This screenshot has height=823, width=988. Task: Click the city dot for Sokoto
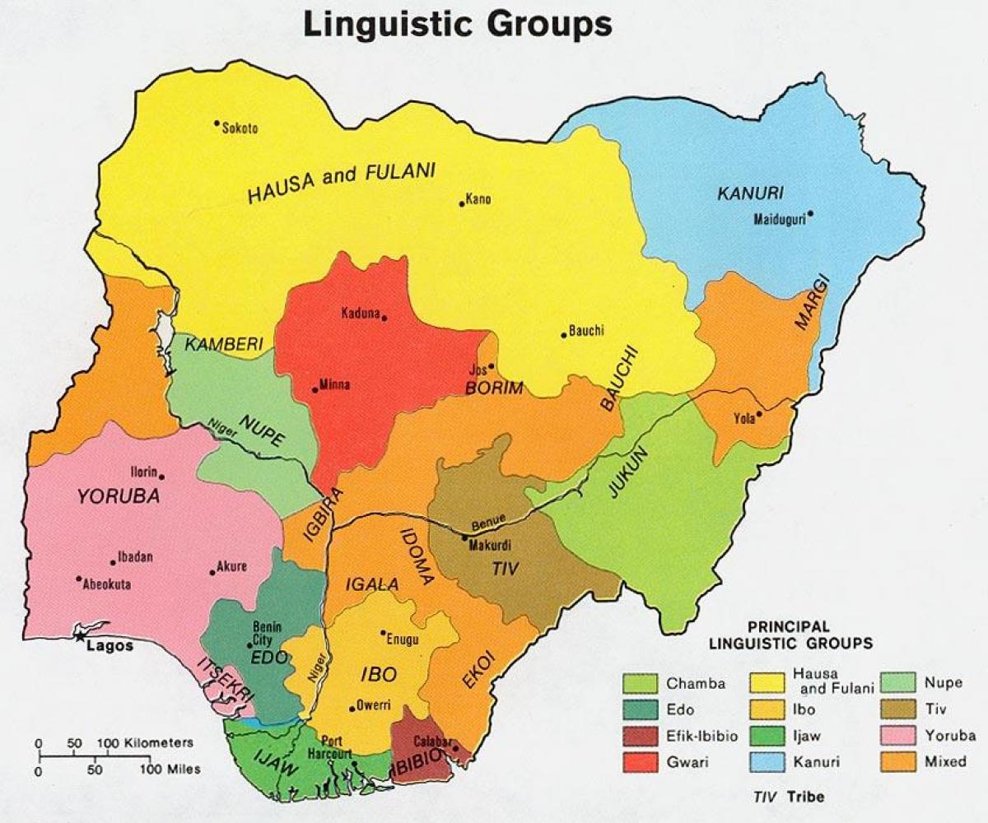pyautogui.click(x=217, y=123)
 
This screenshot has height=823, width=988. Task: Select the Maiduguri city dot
pyautogui.click(x=810, y=213)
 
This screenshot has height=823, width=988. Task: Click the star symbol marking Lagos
pyautogui.click(x=79, y=635)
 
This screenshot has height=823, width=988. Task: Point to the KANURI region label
pyautogui.click(x=750, y=193)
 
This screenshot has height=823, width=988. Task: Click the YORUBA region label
pyautogui.click(x=118, y=496)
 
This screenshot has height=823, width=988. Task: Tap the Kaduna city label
pyautogui.click(x=360, y=314)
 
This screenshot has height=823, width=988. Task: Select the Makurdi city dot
pyautogui.click(x=464, y=537)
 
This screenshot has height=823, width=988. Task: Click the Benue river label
pyautogui.click(x=487, y=524)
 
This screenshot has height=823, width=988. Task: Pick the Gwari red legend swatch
pyautogui.click(x=640, y=762)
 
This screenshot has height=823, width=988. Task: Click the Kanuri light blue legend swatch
pyautogui.click(x=767, y=762)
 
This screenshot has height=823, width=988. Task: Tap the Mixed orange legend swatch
pyautogui.click(x=897, y=762)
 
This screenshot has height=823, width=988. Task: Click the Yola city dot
pyautogui.click(x=759, y=414)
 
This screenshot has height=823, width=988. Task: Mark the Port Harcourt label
pyautogui.click(x=337, y=746)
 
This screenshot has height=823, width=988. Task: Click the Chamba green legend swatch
pyautogui.click(x=640, y=683)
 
